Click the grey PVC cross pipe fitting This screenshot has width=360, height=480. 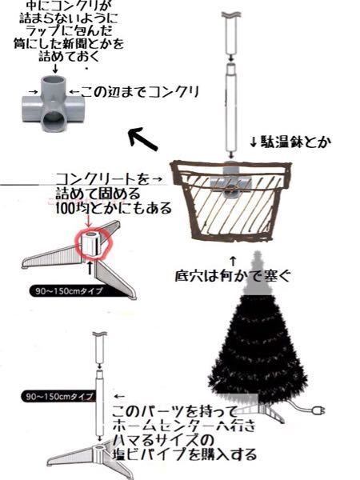tap(54, 104)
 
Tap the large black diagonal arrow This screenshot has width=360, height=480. tap(142, 139)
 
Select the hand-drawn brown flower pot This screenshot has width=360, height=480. tap(230, 200)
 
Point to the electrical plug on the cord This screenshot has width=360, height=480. tap(318, 410)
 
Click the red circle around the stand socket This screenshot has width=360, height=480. tap(94, 243)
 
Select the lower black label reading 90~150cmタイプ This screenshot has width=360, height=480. tap(58, 397)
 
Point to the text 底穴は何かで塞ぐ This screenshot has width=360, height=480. tap(233, 276)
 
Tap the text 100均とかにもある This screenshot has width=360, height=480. tap(114, 209)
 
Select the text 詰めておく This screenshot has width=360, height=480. tap(69, 56)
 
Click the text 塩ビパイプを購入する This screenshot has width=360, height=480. tap(185, 454)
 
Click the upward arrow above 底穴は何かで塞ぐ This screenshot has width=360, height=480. tap(233, 262)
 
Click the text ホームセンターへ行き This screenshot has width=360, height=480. tap(184, 426)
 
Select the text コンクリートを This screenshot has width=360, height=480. tap(103, 179)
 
